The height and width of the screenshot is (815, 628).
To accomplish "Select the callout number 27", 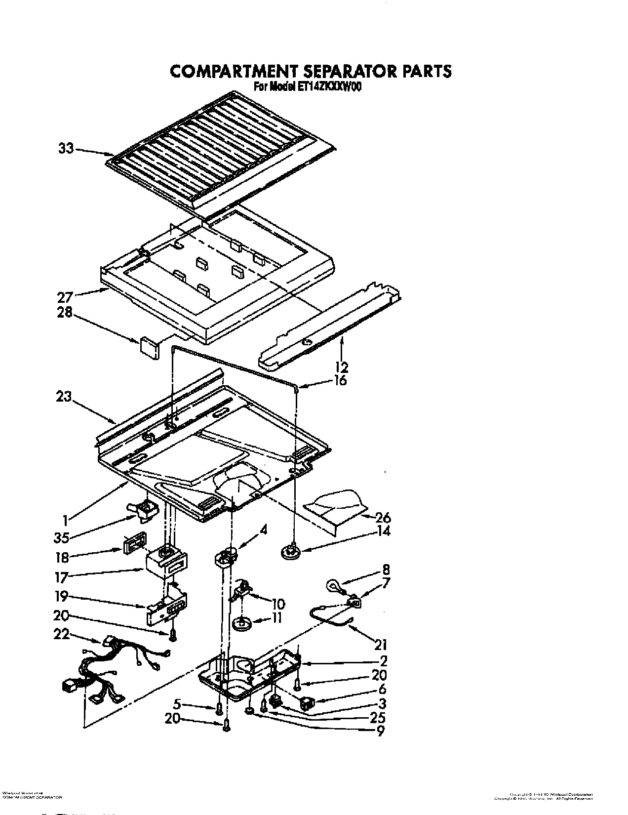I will pos(65,297).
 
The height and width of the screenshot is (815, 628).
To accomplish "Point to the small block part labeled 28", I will pos(149,346).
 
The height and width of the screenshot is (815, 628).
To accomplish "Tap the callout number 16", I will pos(340,380).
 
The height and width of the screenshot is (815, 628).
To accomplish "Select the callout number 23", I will pos(64,396).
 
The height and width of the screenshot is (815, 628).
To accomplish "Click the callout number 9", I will pos(380,731).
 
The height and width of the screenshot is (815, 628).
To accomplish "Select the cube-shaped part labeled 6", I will pos(309,702).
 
